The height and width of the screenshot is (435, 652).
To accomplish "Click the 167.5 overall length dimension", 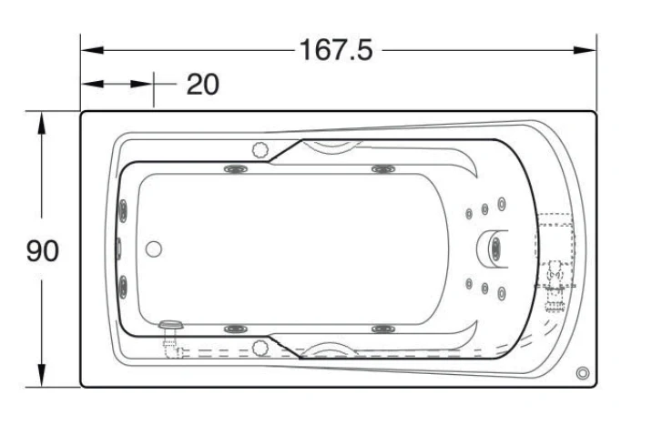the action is point(336,50).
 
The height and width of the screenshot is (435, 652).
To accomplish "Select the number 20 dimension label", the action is point(202,85).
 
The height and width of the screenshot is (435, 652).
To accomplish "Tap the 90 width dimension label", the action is point(43,251).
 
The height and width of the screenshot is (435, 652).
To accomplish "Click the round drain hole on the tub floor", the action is point(153,248).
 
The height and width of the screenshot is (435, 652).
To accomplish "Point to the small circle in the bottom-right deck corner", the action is point(583,373).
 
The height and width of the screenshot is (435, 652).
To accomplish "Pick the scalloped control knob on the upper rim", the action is point(260,149).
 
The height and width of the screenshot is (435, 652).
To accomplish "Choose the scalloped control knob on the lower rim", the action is point(260,348).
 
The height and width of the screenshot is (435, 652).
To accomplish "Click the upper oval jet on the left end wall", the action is point(123,209).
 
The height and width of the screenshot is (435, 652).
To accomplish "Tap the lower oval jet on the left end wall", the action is point(123,287).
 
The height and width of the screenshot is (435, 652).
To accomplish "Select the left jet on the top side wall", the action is point(236,169).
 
